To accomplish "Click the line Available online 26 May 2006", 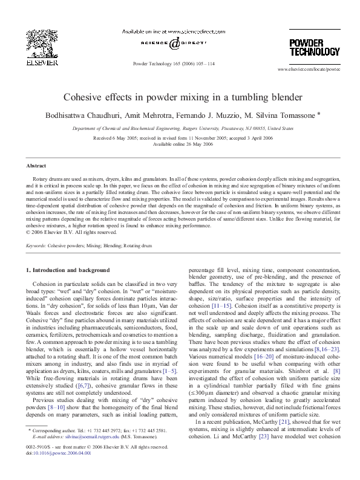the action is (180, 144).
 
